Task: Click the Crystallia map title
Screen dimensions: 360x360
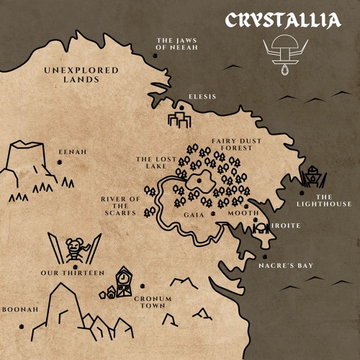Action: pos(282,19)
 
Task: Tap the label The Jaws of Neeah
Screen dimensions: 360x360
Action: pos(176,44)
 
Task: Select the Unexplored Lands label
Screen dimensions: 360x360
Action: pos(71,75)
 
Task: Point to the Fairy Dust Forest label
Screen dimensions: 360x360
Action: pos(233,145)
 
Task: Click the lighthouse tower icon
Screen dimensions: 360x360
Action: pos(312,176)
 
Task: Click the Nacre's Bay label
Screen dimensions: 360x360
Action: pos(286,266)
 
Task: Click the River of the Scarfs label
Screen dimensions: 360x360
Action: pos(120,205)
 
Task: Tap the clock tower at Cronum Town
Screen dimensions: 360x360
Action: pos(124,282)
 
